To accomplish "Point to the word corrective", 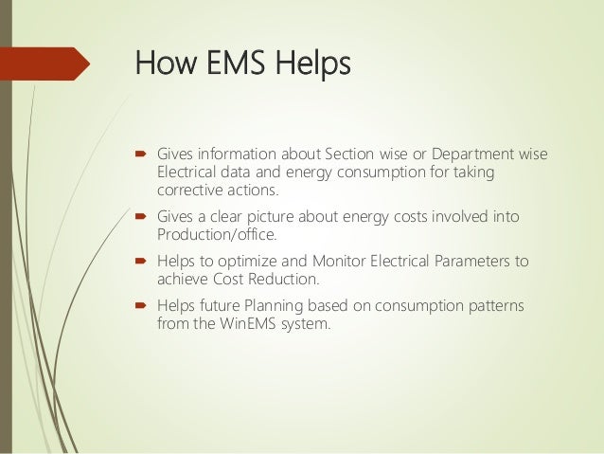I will click(x=191, y=190).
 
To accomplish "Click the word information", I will click(x=240, y=154).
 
